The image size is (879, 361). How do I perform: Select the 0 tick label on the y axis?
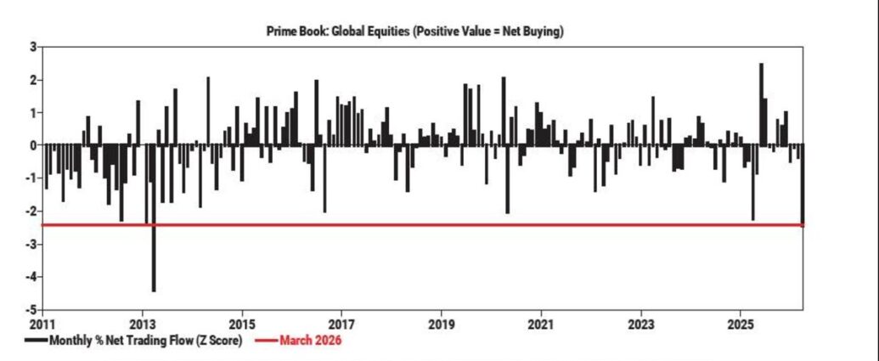tap(32, 146)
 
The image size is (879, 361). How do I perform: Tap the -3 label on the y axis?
tap(31, 245)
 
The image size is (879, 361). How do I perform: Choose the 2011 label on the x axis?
tap(42, 324)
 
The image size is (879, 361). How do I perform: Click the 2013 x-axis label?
tap(142, 324)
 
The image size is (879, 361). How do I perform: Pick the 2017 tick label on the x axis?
tap(341, 324)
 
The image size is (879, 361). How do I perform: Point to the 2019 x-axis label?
tap(441, 324)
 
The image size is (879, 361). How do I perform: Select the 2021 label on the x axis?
tap(541, 324)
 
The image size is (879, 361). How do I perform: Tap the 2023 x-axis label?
tap(641, 324)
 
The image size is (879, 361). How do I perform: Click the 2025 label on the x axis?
tap(741, 324)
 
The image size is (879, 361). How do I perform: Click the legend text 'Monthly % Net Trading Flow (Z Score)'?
tap(145, 341)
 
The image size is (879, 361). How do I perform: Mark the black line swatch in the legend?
tap(36, 341)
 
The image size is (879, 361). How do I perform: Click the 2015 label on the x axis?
tap(242, 324)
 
